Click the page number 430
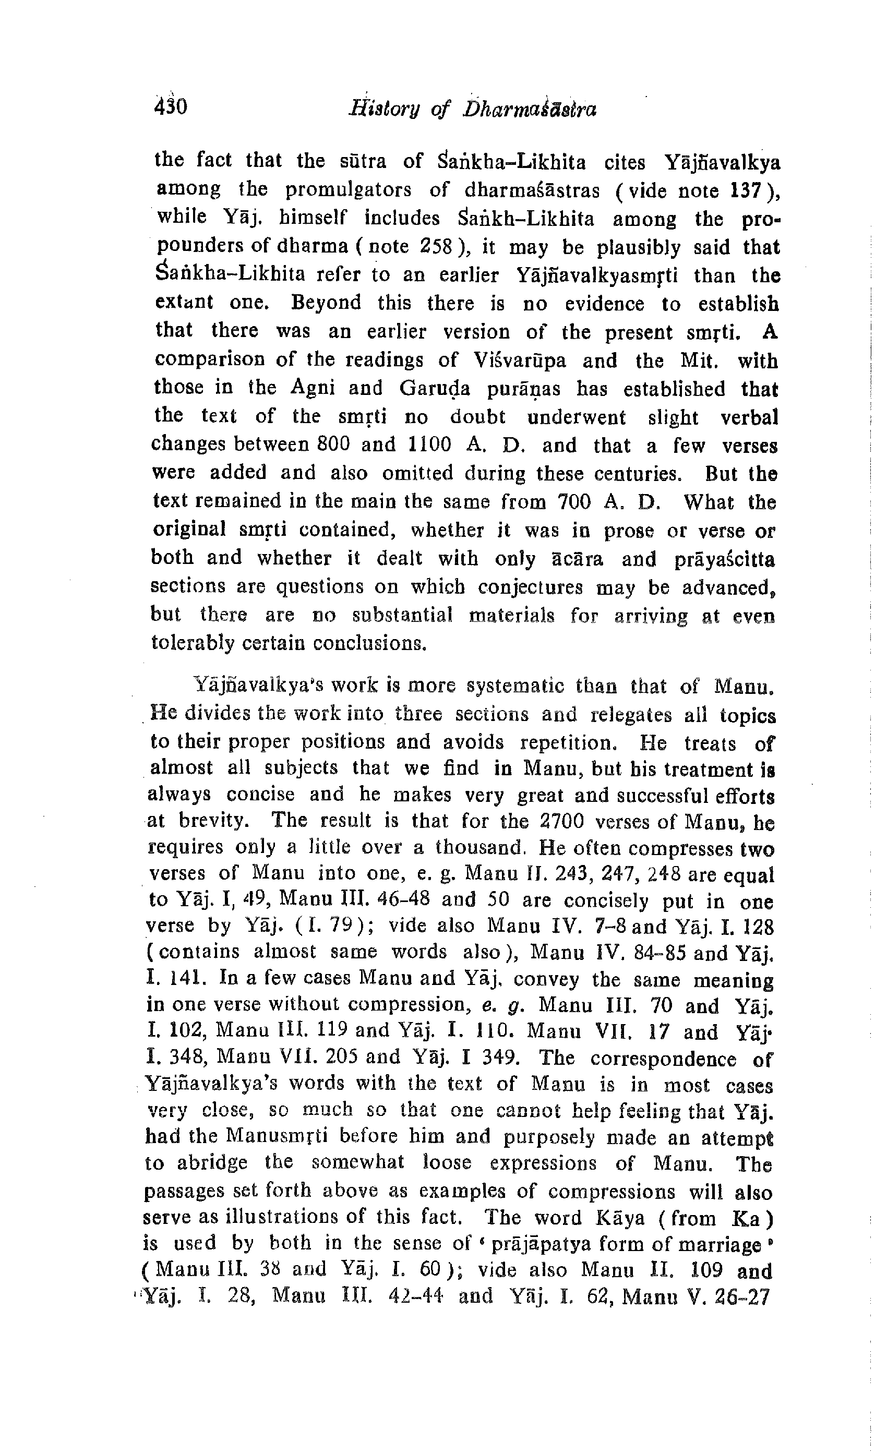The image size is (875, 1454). (x=171, y=106)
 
